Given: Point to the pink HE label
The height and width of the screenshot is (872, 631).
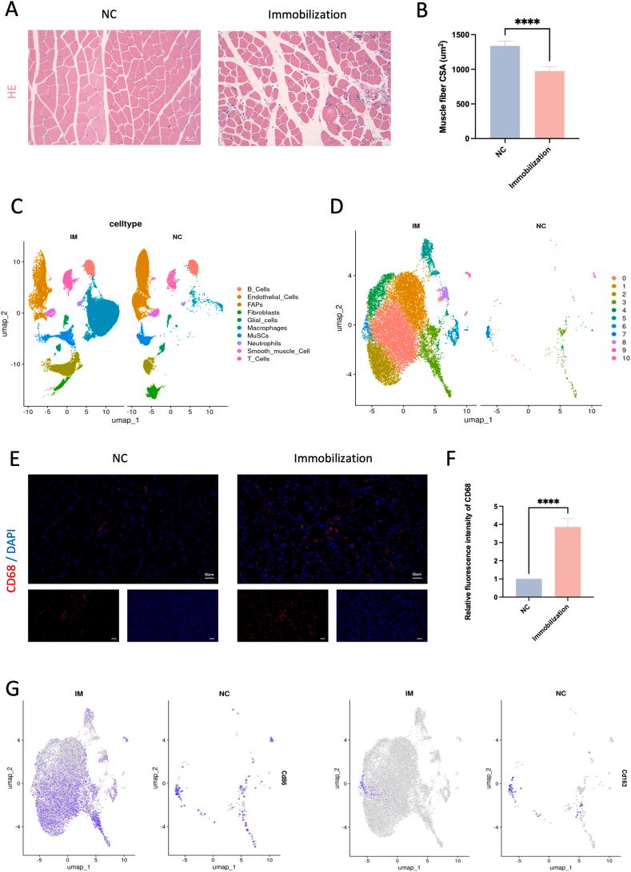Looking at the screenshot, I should (12, 92).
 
